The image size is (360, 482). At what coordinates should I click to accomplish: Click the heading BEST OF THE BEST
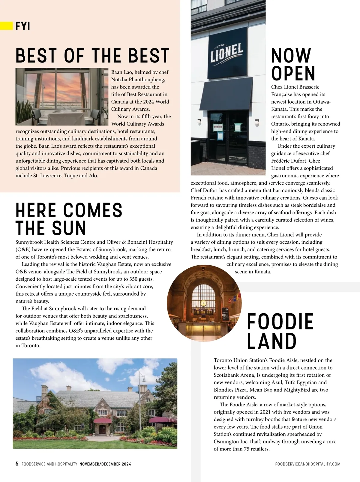pos(92,56)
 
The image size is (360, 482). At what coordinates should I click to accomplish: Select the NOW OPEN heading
pos(293,64)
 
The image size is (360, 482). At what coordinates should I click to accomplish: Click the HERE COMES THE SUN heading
pos(69,219)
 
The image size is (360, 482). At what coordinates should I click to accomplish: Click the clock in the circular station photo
pos(203,303)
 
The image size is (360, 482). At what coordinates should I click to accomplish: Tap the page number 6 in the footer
pos(17,464)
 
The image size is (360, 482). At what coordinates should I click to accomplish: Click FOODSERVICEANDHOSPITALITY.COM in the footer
pos(307,464)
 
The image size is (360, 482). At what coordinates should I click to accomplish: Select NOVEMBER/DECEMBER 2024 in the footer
pos(105,464)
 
